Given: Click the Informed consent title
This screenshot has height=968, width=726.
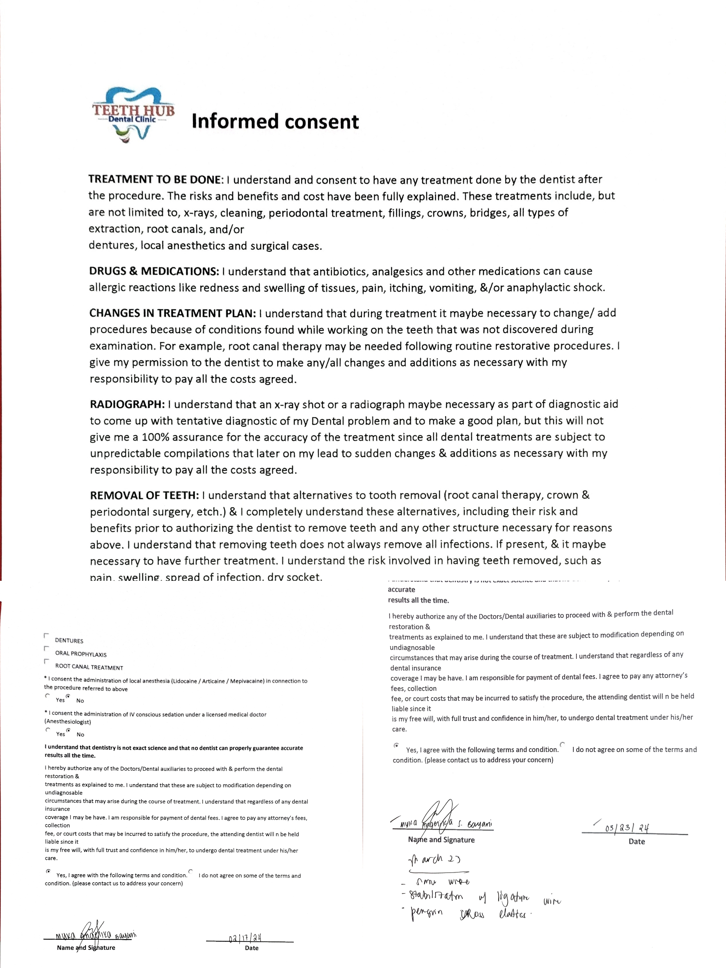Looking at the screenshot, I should pos(275,122).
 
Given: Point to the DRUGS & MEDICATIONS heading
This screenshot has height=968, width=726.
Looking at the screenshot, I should pos(154,271).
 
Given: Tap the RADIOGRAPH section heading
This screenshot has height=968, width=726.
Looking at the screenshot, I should pos(127,404).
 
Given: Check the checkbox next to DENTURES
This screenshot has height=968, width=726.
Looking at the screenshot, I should pos(46,635).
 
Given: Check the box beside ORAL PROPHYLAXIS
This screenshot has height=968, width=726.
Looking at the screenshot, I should pos(46,649).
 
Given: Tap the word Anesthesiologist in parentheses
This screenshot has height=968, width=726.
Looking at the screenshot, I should pos(68,722).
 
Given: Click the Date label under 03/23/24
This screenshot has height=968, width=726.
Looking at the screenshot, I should pos(636,842).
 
